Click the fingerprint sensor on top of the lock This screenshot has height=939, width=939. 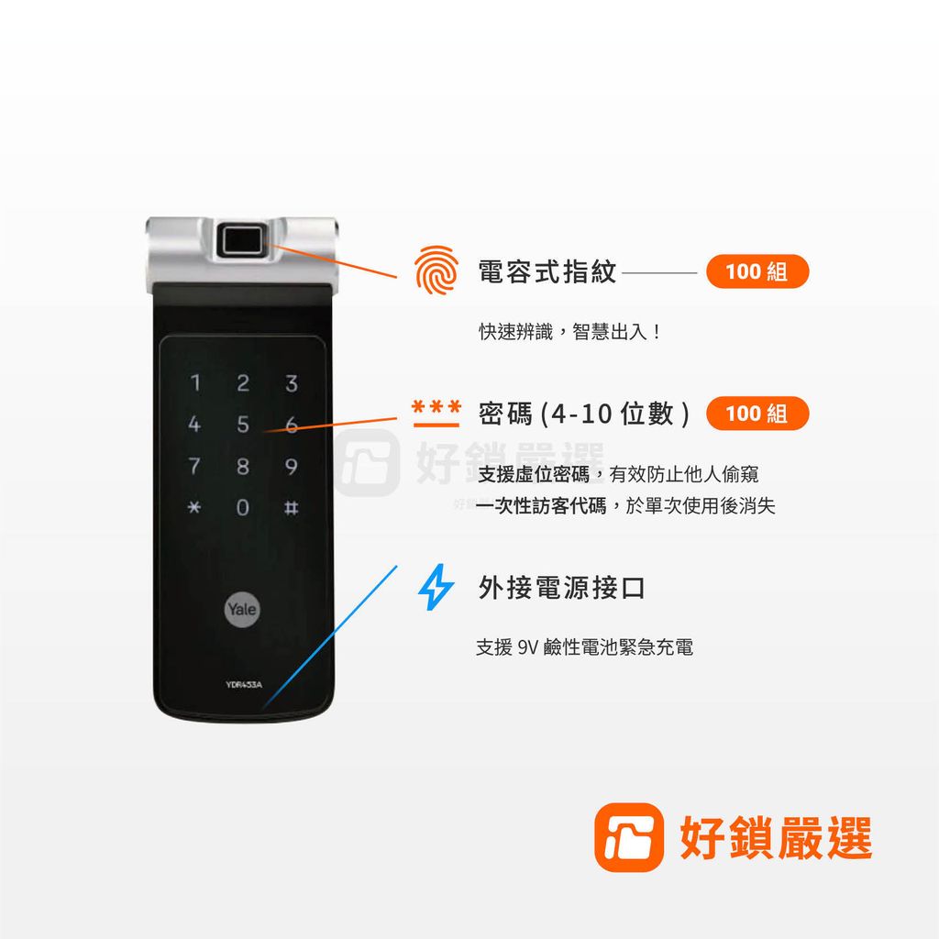pos(243,241)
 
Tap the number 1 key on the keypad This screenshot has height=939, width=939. pos(194,382)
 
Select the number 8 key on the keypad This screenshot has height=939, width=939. pos(242,468)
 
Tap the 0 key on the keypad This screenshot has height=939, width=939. pos(242,508)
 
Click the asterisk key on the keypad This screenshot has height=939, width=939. pos(194,508)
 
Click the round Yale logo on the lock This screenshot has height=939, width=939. pos(243,610)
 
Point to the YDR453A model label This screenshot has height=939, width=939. pos(243,684)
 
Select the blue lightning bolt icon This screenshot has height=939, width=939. pos(435,588)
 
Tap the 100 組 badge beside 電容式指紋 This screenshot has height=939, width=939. pos(757,272)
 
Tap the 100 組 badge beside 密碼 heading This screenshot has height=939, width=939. pos(757,414)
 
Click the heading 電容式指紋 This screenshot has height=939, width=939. pos(547,272)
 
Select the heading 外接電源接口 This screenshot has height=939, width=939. pos(561,588)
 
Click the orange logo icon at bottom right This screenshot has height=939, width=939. pos(629,837)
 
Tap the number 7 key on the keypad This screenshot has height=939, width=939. pos(194,468)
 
